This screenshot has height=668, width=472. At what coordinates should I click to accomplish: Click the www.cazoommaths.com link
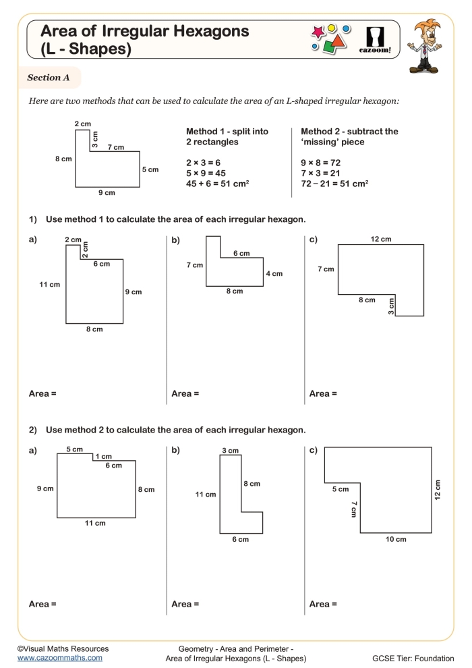coord(60,657)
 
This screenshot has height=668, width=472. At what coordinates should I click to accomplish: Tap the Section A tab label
coord(49,78)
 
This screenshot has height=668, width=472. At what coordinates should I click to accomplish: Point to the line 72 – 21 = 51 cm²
coord(334,184)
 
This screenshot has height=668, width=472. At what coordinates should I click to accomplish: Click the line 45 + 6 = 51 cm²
coord(217,184)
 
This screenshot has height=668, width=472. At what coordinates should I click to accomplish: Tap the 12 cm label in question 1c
coord(380,239)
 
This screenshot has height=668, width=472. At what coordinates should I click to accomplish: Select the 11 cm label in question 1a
coord(50,285)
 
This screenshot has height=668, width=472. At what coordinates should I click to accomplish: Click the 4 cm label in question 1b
coord(274,274)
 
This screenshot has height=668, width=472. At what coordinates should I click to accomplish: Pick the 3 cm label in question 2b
coord(230,450)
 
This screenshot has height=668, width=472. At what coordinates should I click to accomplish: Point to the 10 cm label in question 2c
coord(396,539)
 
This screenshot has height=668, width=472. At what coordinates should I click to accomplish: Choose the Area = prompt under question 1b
coord(185,393)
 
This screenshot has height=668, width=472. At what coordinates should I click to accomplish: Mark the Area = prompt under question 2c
coord(323,604)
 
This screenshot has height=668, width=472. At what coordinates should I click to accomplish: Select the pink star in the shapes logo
coord(318,32)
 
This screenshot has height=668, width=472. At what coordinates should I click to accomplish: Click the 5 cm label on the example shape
coord(150,169)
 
